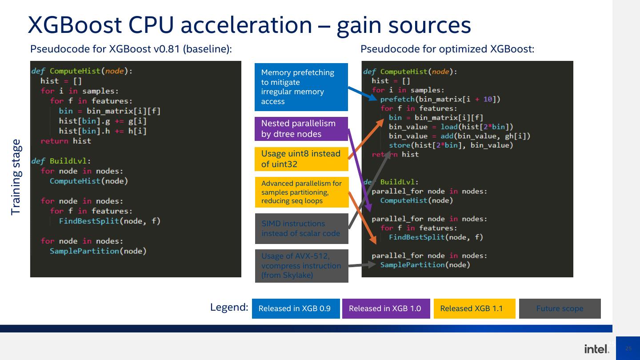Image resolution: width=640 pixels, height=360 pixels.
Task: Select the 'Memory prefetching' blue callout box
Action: click(x=301, y=87)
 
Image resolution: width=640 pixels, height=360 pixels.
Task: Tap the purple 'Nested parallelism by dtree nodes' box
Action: click(x=301, y=129)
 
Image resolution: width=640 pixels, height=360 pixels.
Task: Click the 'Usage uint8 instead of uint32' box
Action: click(x=301, y=159)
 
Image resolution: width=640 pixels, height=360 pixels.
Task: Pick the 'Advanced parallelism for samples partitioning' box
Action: click(x=301, y=192)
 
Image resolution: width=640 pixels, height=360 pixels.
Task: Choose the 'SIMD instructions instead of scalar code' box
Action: click(x=301, y=228)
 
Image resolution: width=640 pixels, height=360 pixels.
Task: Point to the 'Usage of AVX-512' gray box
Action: click(x=301, y=266)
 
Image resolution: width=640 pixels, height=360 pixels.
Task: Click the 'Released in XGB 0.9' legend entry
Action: click(x=296, y=308)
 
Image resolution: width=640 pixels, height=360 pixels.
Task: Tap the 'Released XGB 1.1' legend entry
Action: click(x=474, y=308)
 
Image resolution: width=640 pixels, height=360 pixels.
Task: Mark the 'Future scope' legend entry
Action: click(x=560, y=308)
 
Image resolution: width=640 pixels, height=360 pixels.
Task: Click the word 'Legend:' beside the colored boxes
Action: click(x=229, y=307)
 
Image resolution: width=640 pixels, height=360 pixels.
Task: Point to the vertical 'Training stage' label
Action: click(x=16, y=177)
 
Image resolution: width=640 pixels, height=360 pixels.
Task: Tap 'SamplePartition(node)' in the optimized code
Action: click(x=425, y=265)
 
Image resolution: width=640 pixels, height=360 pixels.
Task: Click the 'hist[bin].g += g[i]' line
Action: click(x=103, y=121)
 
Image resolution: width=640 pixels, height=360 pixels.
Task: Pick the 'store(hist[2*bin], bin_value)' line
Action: click(x=451, y=145)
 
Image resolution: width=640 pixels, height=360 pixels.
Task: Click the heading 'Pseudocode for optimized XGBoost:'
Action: click(x=447, y=49)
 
